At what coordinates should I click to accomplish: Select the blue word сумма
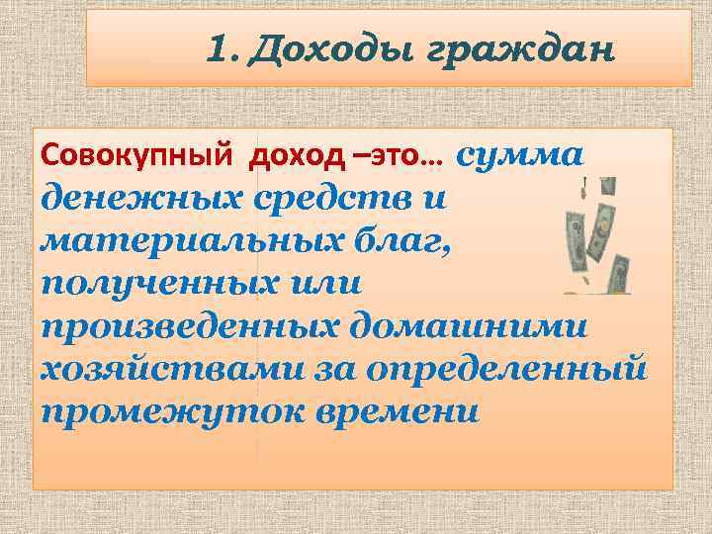(x=521, y=155)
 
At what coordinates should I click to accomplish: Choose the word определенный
(x=512, y=368)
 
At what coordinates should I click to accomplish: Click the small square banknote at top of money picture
(x=608, y=187)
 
